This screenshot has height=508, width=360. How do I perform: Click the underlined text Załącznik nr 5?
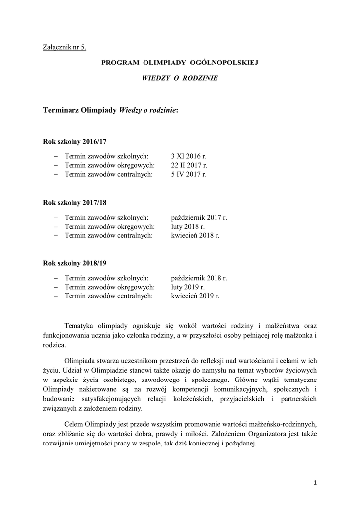point(65,48)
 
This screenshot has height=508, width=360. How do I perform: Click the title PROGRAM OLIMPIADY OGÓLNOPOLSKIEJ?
point(180,63)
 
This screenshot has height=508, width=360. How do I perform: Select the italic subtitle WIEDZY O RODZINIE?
point(180,78)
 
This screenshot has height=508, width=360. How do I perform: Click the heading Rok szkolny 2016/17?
point(75,141)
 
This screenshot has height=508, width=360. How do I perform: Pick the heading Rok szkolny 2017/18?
point(75,203)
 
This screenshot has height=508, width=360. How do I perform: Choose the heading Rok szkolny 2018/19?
point(75,264)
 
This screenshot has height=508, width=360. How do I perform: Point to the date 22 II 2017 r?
point(189,165)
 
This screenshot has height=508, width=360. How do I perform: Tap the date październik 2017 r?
point(199,217)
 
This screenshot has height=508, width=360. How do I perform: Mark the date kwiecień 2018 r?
point(195,235)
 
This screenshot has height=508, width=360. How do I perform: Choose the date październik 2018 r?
point(199,278)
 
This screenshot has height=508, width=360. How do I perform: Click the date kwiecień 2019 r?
point(195,296)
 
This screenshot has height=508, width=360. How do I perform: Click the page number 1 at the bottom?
point(316,482)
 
